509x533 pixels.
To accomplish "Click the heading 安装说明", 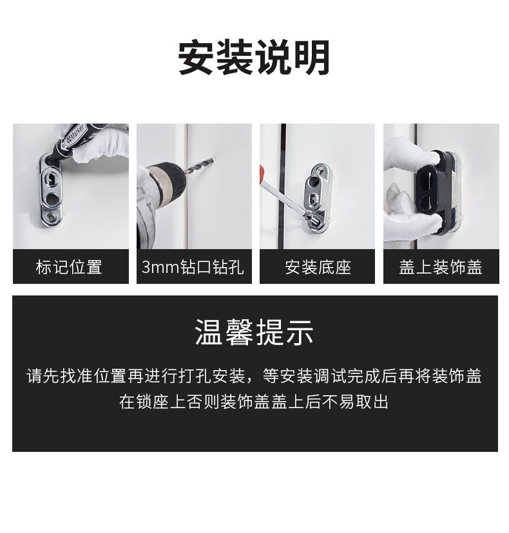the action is click(x=254, y=57).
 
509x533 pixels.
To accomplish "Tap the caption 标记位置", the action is click(x=69, y=267).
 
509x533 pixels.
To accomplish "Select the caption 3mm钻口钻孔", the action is click(x=193, y=267).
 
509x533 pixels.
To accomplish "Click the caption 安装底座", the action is click(x=318, y=267).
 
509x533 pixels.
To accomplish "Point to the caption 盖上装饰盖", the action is click(x=441, y=267).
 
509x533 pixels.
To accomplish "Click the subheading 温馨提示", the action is click(x=254, y=332).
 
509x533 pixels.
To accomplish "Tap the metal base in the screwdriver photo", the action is click(x=317, y=198).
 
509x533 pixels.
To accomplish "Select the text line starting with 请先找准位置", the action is click(x=254, y=377).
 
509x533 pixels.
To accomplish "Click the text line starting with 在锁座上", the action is click(x=254, y=402).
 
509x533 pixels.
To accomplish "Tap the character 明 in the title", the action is click(x=312, y=57).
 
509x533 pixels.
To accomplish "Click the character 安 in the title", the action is click(x=197, y=57).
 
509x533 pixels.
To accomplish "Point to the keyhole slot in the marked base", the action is click(x=50, y=179).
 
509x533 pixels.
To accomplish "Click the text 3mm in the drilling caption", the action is click(x=160, y=267).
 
